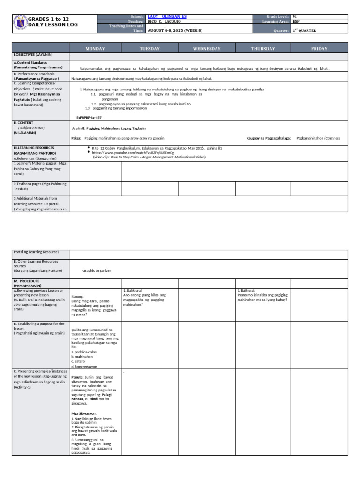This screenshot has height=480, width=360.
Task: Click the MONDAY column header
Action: (95, 48)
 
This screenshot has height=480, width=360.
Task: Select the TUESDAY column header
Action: (150, 48)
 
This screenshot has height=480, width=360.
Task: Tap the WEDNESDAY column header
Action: (207, 48)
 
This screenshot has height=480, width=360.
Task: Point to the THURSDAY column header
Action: (262, 48)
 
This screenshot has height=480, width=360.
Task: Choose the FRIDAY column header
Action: (319, 48)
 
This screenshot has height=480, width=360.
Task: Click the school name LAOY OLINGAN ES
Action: (167, 16)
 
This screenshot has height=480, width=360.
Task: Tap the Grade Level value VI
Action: (295, 16)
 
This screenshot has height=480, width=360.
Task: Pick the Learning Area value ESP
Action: (296, 21)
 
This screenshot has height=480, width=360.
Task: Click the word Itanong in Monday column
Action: (78, 296)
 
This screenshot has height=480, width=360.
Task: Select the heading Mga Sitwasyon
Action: (83, 413)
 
